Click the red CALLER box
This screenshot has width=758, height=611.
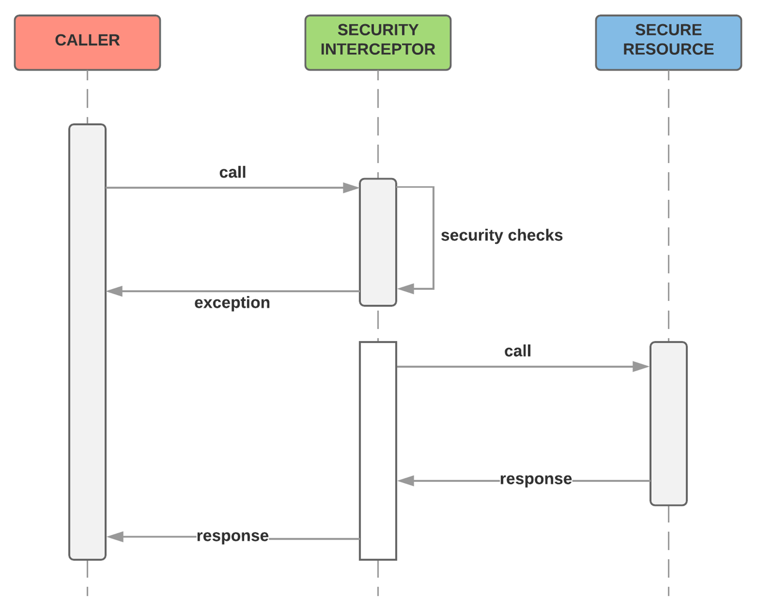[87, 43]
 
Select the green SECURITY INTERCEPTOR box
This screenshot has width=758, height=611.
[377, 43]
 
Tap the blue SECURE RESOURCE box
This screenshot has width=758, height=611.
[668, 43]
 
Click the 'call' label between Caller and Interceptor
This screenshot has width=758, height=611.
[232, 173]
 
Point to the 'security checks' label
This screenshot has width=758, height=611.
[502, 235]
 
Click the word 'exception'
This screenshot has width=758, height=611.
[232, 303]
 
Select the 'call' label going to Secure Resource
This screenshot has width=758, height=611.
[517, 351]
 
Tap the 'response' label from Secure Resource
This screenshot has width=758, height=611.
[536, 479]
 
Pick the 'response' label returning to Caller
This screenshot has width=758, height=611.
[232, 536]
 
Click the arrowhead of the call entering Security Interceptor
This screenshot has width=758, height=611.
[351, 188]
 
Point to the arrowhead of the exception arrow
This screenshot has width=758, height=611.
[115, 291]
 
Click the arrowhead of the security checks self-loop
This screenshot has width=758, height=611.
[406, 289]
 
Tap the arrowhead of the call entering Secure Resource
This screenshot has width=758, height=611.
[641, 366]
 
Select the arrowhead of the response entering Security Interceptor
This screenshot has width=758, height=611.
[406, 481]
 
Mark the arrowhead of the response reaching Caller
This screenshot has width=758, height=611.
[115, 537]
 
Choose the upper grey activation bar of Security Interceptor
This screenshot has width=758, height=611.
[377, 242]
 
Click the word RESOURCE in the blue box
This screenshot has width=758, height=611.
[668, 49]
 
